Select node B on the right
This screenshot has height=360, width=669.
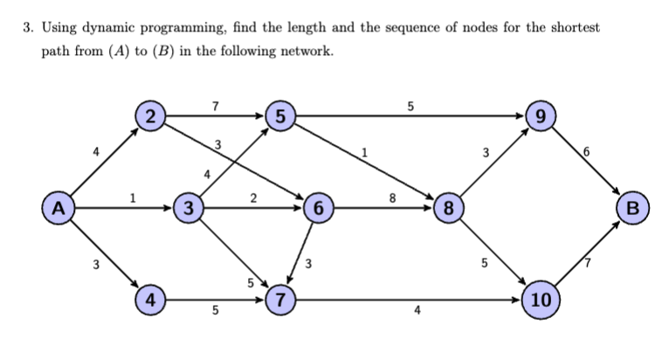[x=632, y=209]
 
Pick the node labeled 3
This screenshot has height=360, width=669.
[x=189, y=209]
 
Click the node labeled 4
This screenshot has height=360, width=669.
[x=152, y=298]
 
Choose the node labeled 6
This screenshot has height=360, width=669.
[x=319, y=209]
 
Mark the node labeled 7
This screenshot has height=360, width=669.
[x=280, y=298]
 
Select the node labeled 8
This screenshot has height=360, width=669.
[x=449, y=209]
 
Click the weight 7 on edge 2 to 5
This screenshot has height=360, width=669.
[x=216, y=106]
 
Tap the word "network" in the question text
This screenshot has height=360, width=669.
[x=301, y=51]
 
